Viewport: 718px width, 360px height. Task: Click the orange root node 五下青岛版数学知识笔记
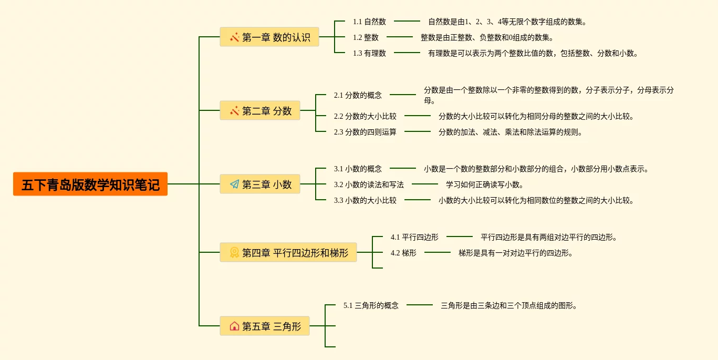click(90, 184)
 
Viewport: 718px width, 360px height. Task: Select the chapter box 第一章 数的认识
click(269, 37)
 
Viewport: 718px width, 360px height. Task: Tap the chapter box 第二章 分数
click(260, 111)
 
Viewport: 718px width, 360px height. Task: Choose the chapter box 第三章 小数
click(260, 184)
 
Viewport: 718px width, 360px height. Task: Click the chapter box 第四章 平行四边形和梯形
click(288, 253)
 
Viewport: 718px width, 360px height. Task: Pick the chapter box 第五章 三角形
click(265, 326)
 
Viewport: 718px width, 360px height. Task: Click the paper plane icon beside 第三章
click(234, 184)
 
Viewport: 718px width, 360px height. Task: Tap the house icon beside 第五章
click(234, 326)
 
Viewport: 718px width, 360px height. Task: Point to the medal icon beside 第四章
click(234, 253)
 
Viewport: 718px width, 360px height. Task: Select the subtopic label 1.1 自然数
click(369, 22)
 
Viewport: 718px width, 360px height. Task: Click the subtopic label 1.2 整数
click(366, 37)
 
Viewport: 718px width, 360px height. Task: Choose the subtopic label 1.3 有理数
click(369, 53)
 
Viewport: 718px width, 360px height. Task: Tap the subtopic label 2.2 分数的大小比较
click(365, 116)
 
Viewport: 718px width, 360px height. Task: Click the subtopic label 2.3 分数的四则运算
click(365, 132)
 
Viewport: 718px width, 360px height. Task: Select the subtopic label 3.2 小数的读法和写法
click(369, 184)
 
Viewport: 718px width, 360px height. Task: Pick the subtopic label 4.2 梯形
click(403, 253)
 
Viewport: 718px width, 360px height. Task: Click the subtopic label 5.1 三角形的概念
click(371, 305)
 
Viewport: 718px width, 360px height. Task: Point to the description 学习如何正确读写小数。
click(485, 184)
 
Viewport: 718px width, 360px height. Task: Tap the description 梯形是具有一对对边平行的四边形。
click(516, 253)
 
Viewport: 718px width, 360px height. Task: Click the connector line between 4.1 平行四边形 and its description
click(459, 236)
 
